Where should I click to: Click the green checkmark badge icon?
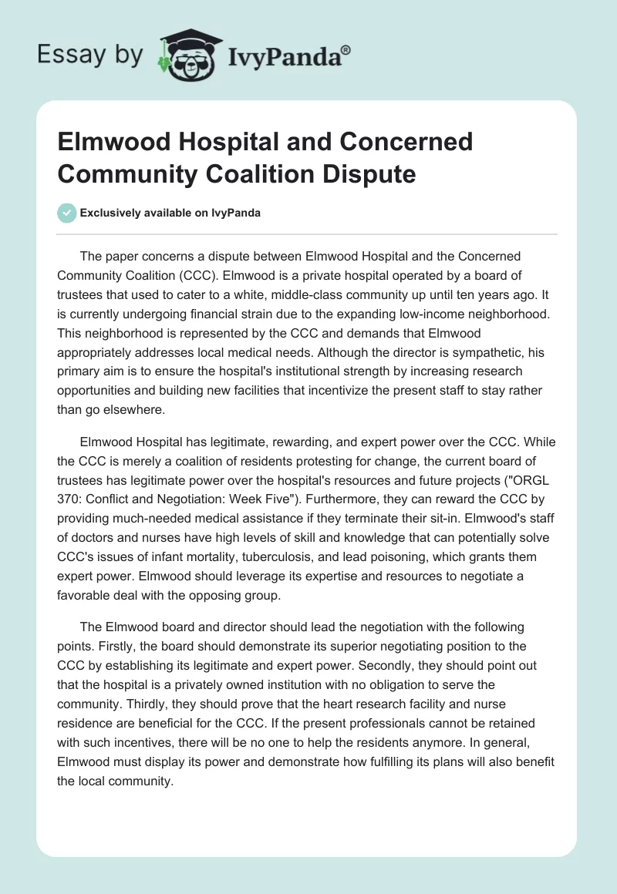(x=67, y=213)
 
